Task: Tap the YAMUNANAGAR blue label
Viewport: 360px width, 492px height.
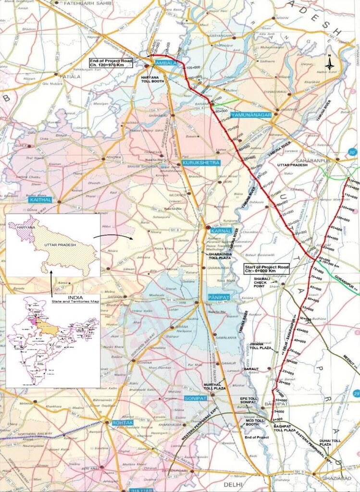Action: click(250, 116)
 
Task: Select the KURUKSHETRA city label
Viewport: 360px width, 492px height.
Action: click(201, 163)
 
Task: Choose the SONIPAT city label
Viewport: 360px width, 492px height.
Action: click(196, 398)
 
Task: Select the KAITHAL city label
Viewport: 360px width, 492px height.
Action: click(41, 199)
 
